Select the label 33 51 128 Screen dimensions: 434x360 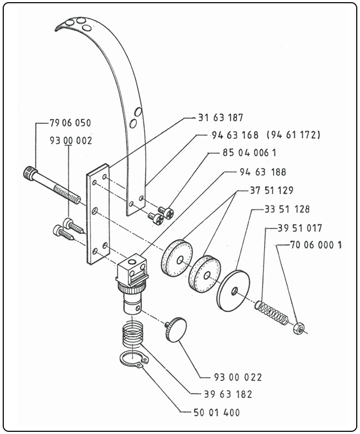click(287, 209)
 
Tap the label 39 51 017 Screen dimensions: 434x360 click(300, 228)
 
